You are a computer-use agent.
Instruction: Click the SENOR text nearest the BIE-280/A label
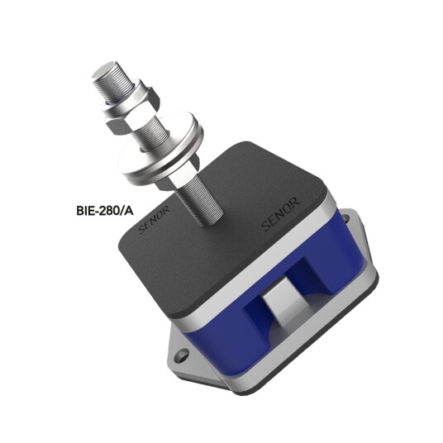click(154, 219)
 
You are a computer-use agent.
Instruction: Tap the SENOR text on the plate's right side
click(280, 214)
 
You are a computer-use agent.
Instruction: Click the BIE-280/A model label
click(104, 211)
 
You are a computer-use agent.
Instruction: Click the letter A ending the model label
click(129, 211)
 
